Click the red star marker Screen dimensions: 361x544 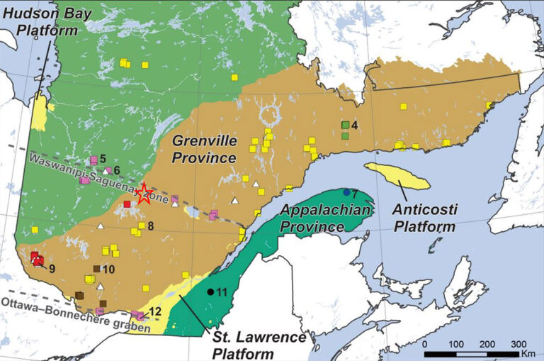144,194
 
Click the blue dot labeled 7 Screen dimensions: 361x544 346,192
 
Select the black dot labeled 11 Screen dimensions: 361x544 210,291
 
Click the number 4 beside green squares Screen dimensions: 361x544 355,126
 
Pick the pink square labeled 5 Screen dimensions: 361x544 93,160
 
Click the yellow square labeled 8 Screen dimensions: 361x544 141,226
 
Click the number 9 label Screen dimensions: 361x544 52,267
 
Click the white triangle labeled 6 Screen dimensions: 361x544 107,170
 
